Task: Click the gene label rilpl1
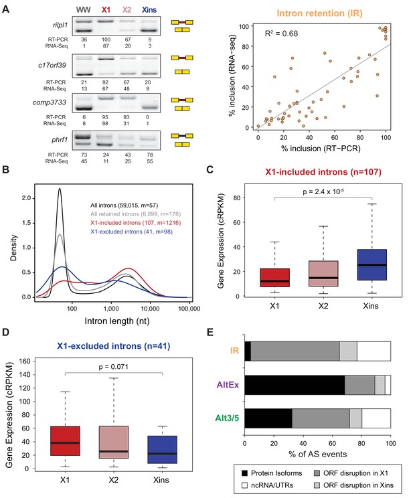(x=60, y=25)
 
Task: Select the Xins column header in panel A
(x=149, y=10)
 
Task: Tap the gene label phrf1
(x=60, y=140)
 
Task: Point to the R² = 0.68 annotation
(x=281, y=33)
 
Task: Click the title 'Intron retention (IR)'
(x=319, y=13)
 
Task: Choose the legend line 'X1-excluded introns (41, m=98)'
(x=131, y=232)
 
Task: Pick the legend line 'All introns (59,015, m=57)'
(x=125, y=205)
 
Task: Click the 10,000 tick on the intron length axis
(x=150, y=309)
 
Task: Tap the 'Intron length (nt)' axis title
(x=117, y=321)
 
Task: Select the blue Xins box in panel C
(x=371, y=264)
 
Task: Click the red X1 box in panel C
(x=274, y=278)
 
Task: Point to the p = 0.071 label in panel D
(x=113, y=367)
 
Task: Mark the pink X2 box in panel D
(x=114, y=442)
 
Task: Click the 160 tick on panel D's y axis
(x=25, y=361)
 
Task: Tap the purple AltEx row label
(x=228, y=385)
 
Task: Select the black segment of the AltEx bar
(x=295, y=385)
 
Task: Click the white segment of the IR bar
(x=374, y=351)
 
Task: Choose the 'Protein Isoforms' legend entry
(x=272, y=473)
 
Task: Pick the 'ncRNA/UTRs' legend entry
(x=268, y=485)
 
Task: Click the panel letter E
(x=210, y=332)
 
